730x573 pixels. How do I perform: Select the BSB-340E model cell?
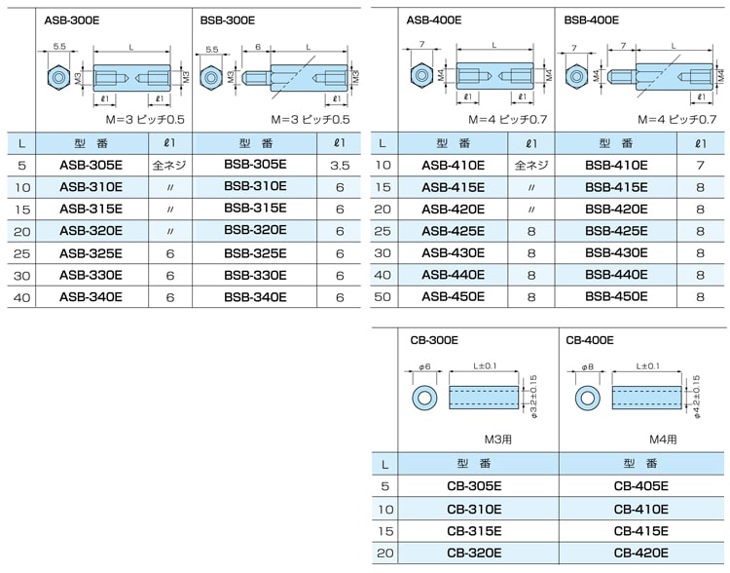(x=255, y=297)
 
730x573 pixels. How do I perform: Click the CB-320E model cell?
(x=474, y=553)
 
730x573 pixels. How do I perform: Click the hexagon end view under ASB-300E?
(x=59, y=77)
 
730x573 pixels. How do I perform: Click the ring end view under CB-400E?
(x=587, y=399)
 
